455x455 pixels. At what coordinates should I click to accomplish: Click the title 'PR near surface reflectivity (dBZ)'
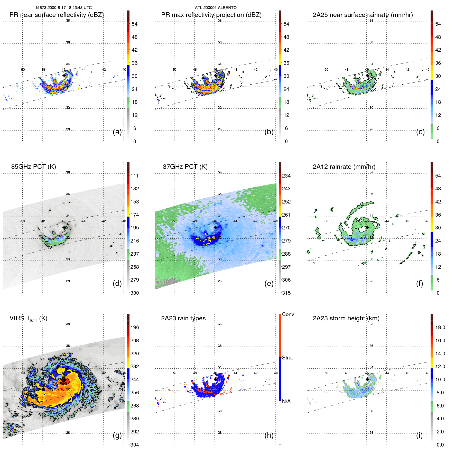tap(57, 15)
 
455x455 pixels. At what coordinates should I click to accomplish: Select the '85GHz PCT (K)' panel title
tap(33, 167)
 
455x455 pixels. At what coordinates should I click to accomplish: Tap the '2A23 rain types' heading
tap(183, 318)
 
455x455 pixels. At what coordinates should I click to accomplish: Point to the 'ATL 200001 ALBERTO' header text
tap(216, 8)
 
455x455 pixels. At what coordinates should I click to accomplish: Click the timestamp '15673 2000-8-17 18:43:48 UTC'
tap(63, 8)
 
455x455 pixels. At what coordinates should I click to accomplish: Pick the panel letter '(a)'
tap(117, 132)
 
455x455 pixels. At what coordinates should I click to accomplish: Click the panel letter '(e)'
tap(269, 284)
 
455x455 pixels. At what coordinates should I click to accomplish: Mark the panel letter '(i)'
tap(419, 435)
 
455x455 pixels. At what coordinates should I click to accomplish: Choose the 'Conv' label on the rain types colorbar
tap(288, 314)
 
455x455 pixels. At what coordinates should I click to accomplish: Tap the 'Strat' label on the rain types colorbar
tap(287, 358)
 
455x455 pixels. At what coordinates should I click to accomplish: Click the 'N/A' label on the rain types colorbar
tap(286, 401)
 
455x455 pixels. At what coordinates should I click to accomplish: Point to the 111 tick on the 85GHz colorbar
tap(135, 176)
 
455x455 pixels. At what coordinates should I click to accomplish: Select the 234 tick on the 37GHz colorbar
tap(286, 176)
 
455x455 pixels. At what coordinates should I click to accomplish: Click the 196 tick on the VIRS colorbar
tap(135, 327)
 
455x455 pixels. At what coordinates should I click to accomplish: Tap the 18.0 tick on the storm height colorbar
tap(440, 327)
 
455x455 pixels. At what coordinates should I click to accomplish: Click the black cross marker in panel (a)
tap(64, 76)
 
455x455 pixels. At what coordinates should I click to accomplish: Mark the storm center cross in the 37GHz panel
tap(216, 227)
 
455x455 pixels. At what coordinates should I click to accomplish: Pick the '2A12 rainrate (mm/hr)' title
tap(344, 167)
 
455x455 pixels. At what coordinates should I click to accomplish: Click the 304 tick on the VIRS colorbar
tap(135, 445)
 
